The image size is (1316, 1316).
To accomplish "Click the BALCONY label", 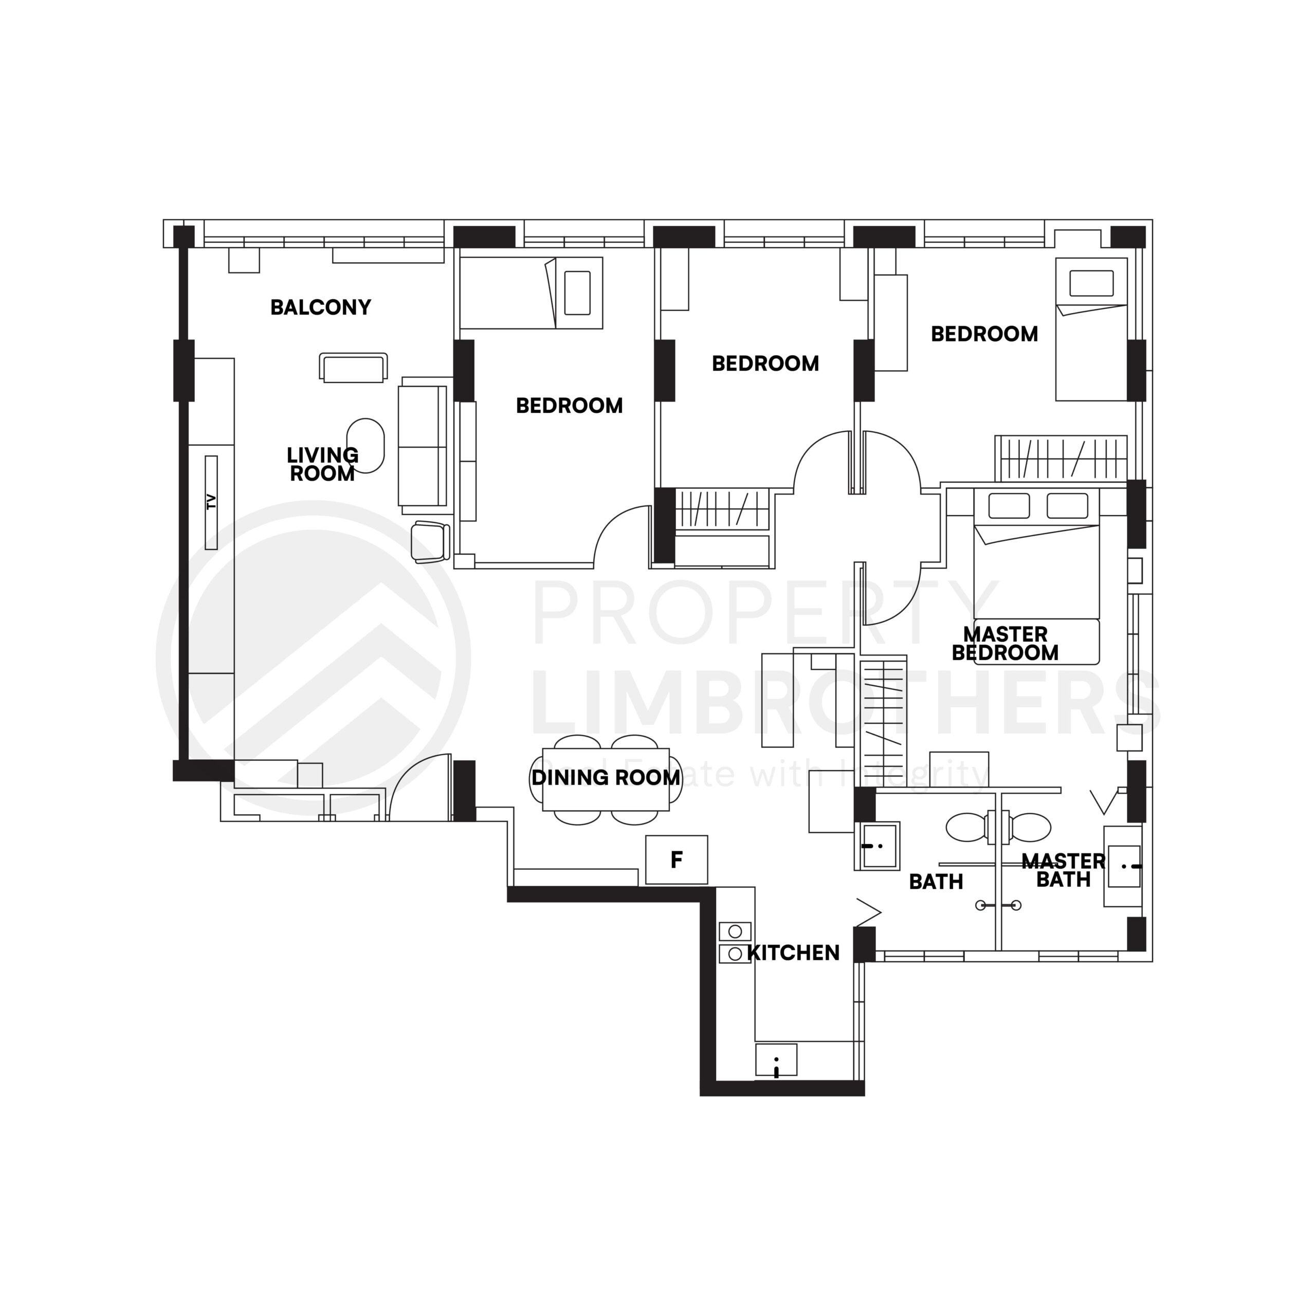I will [x=320, y=307].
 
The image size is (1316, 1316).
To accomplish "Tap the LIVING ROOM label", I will [x=322, y=464].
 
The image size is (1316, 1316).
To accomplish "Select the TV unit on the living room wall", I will [x=211, y=502].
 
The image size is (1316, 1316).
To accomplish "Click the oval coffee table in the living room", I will [x=366, y=446].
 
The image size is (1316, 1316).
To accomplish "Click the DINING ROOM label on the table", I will [x=606, y=777].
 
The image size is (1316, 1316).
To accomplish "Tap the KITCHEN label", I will [x=794, y=952].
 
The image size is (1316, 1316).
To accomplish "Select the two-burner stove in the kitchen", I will [x=735, y=942].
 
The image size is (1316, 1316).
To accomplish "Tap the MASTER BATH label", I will [x=1063, y=870].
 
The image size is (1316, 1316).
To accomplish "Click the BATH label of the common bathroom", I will [x=936, y=882].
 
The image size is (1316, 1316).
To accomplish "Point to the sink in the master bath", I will [x=1124, y=866].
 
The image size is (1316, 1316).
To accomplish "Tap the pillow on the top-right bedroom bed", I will [x=1091, y=283].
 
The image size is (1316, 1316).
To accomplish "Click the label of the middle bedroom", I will [x=765, y=364].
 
